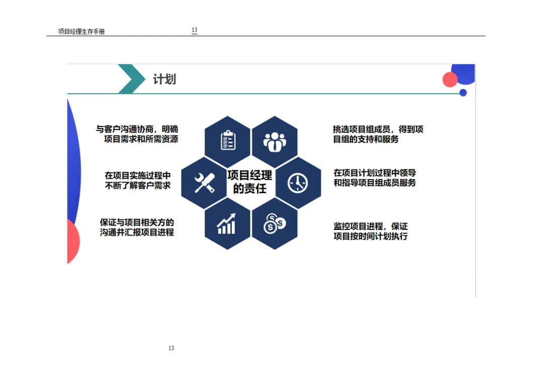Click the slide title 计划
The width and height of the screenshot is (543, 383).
164,79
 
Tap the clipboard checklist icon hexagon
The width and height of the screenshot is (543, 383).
228,141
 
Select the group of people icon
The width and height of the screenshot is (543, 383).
275,142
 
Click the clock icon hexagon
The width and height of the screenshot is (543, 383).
298,183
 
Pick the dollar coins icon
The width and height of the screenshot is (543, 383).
275,224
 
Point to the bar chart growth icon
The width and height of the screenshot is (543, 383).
227,224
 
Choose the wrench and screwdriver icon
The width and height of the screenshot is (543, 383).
204,183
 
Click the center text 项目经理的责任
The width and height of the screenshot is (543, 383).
250,182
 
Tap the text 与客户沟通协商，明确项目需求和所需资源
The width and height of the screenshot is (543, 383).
137,134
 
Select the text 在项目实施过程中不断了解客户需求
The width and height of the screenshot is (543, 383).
137,180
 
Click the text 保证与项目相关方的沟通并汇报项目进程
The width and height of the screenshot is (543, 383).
137,227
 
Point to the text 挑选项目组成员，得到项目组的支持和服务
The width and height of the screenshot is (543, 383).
378,134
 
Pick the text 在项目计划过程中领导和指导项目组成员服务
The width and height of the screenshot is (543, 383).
375,178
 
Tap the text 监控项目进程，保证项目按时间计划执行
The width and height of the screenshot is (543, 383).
371,231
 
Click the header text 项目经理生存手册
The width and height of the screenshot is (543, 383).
81,32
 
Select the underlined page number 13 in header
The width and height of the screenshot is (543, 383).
195,31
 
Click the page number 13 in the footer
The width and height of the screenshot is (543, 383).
171,348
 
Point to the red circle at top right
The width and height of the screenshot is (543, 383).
449,80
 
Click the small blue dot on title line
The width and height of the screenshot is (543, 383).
463,93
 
